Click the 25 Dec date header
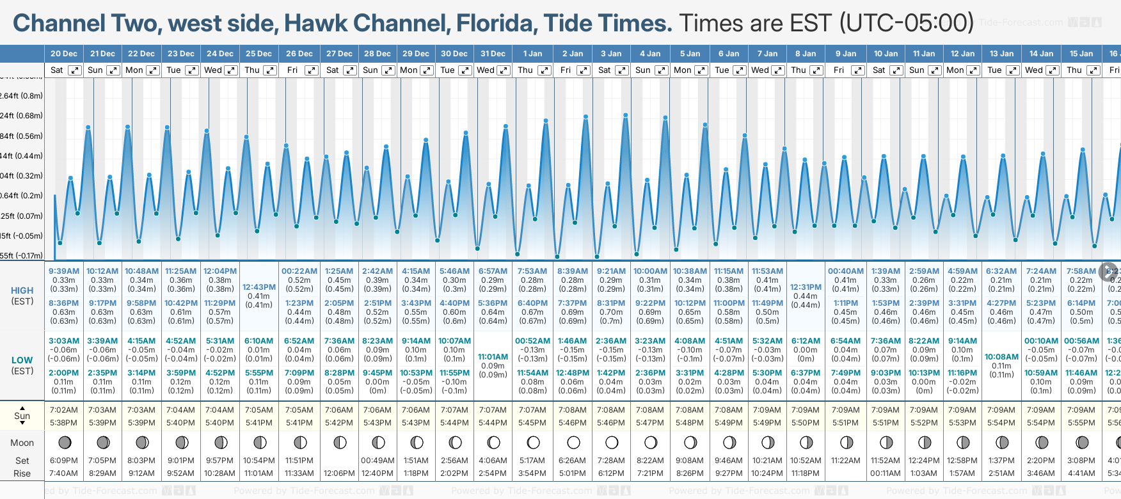click(258, 54)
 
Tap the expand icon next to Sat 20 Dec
click(75, 70)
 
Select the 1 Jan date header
click(532, 54)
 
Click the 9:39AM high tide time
click(64, 271)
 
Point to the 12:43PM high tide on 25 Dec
click(260, 287)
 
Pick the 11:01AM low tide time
click(493, 357)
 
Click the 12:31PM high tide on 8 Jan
click(806, 287)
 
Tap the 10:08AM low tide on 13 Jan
click(1001, 357)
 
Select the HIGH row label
click(22, 290)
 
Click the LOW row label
click(22, 360)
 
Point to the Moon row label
click(22, 443)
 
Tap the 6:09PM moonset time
click(64, 461)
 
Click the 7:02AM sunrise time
click(64, 410)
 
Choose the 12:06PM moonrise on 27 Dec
click(339, 473)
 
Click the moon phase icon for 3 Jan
click(612, 442)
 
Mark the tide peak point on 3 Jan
click(625, 115)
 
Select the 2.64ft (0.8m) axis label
click(22, 96)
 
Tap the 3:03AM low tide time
click(64, 341)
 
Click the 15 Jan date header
click(1081, 54)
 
